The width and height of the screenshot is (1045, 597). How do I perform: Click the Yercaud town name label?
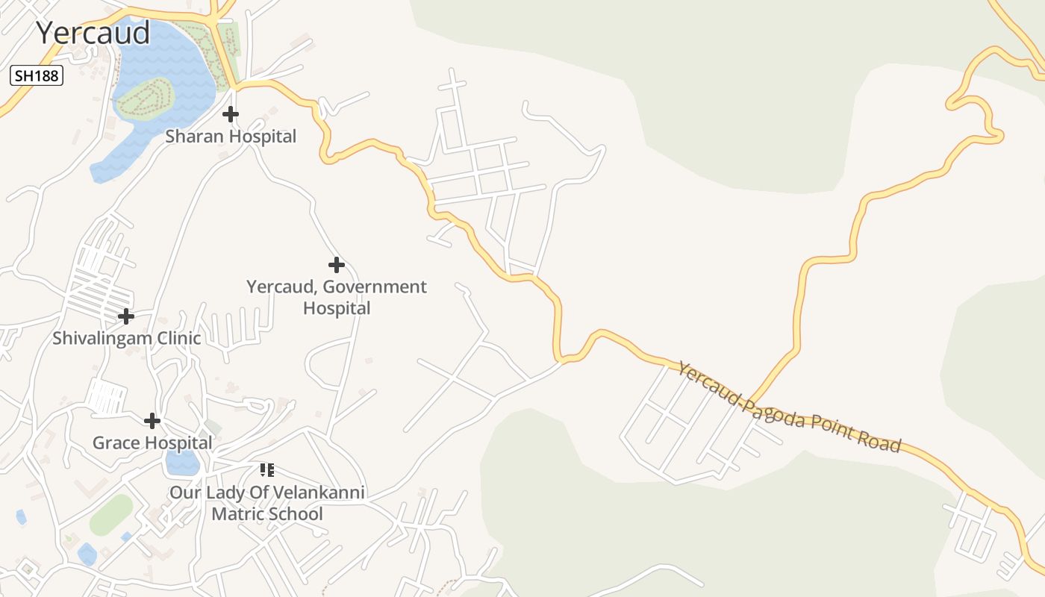(x=93, y=33)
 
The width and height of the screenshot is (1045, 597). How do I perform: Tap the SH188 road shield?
(x=35, y=75)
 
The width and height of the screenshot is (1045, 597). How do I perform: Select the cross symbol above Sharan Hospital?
(x=231, y=114)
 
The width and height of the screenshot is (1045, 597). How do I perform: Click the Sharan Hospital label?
(x=231, y=137)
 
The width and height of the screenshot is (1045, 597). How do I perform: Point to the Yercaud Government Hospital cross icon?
(x=337, y=264)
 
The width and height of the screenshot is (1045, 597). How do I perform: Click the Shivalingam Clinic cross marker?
(x=126, y=316)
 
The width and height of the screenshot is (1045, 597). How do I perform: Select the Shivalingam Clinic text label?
(x=126, y=338)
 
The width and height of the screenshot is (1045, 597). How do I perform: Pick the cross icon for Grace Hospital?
(x=152, y=421)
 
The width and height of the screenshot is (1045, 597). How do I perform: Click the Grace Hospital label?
(x=152, y=443)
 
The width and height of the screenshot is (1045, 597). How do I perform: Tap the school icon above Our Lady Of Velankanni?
(x=267, y=470)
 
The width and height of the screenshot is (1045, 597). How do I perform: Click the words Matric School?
(x=267, y=514)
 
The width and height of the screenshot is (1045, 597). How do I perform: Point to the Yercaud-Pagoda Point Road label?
(x=789, y=407)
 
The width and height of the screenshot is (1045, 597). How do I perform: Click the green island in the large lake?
(x=145, y=97)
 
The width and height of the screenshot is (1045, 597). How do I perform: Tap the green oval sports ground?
(x=111, y=515)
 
